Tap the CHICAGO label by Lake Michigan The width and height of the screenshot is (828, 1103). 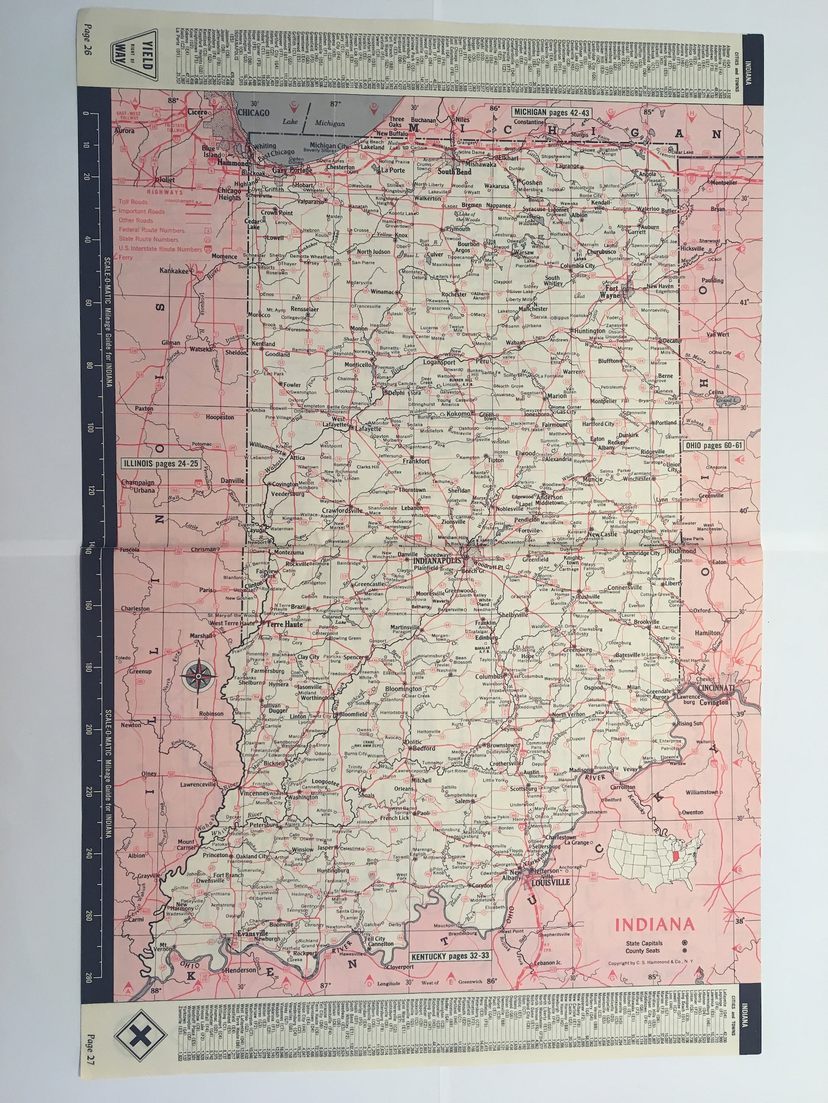[253, 112]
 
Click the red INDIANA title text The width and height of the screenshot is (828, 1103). [655, 925]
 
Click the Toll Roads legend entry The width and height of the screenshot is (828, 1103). [133, 201]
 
